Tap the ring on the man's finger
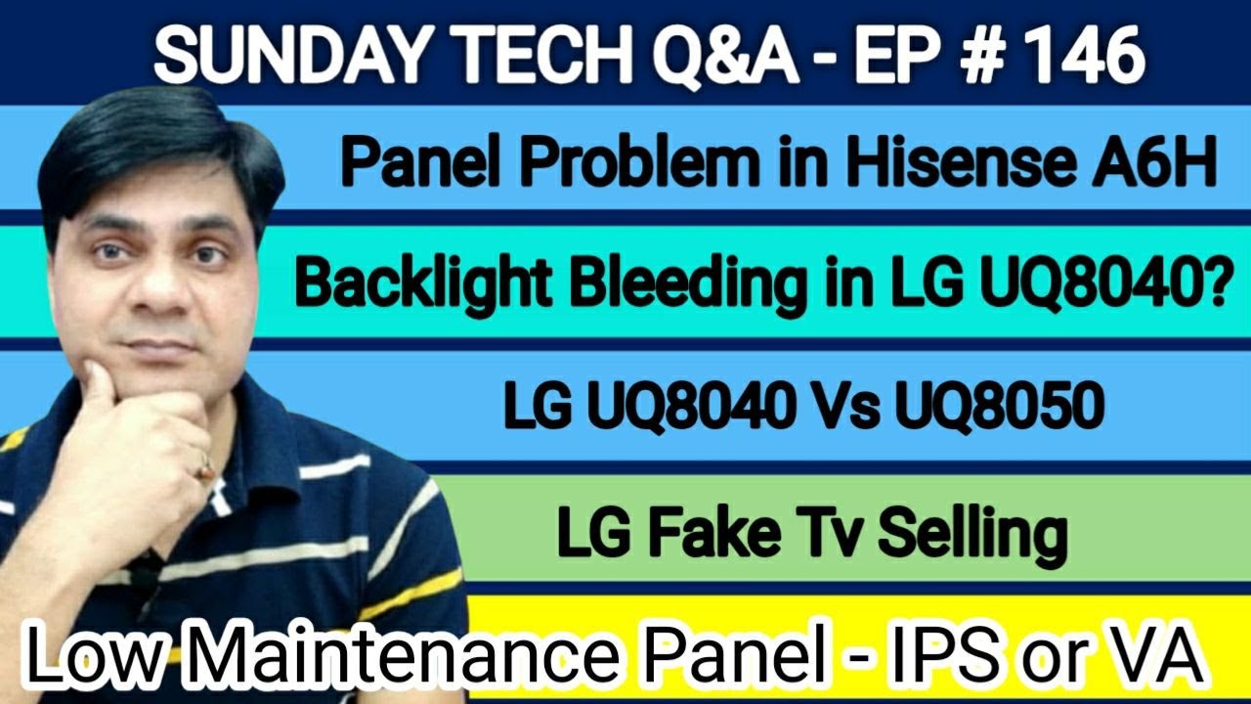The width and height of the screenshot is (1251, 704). pos(204,469)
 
